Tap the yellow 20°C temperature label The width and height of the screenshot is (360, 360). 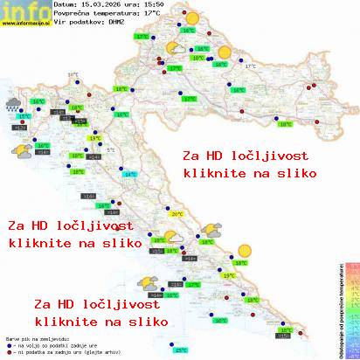pos(177,214)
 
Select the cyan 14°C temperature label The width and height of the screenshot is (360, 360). pos(130,175)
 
